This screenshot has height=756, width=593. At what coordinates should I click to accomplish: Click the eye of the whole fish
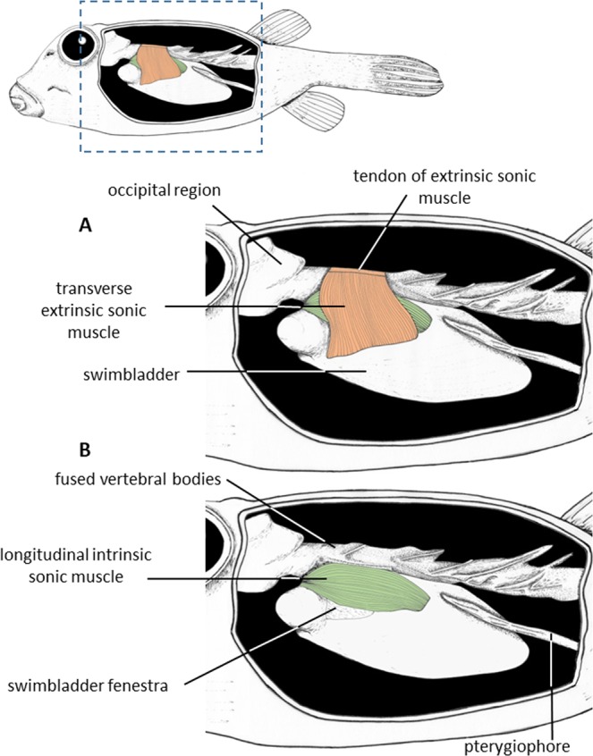click(x=82, y=41)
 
